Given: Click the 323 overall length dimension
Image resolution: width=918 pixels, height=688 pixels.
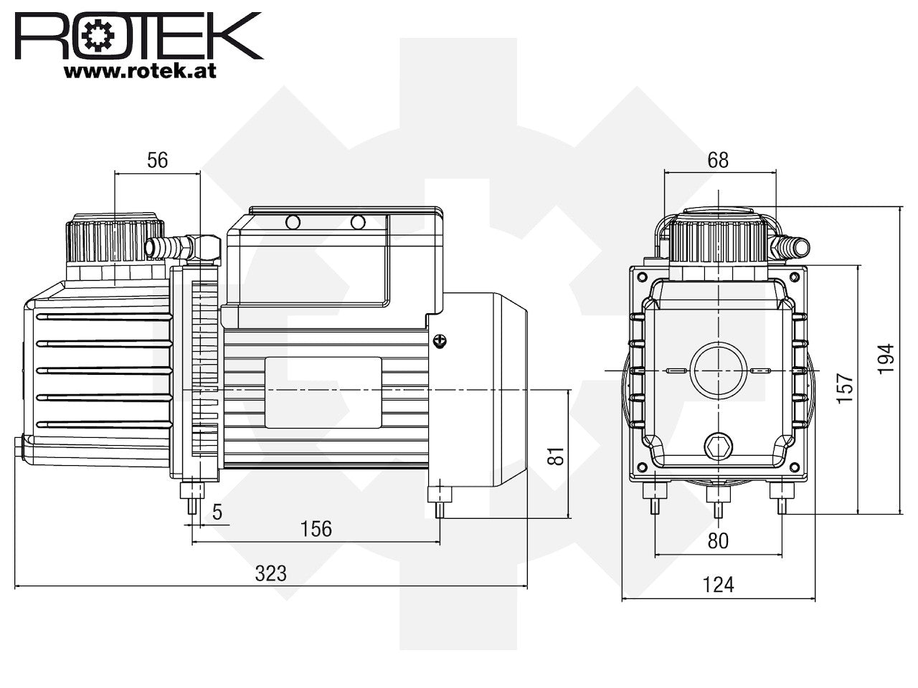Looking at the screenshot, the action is pyautogui.click(x=270, y=573).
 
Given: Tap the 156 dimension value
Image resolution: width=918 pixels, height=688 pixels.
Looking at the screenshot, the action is pyautogui.click(x=316, y=529).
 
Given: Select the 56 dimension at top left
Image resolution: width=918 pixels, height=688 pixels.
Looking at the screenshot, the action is pyautogui.click(x=157, y=160).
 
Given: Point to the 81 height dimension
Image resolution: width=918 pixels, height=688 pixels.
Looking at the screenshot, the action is pyautogui.click(x=557, y=457).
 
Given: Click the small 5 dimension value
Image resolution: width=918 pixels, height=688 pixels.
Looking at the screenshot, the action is pyautogui.click(x=217, y=512).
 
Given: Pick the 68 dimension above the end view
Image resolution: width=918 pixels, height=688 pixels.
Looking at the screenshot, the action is pyautogui.click(x=718, y=160).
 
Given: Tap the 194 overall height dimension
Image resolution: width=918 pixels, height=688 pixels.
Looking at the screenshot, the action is pyautogui.click(x=886, y=359).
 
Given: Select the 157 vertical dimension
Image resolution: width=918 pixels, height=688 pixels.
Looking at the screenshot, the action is pyautogui.click(x=846, y=388).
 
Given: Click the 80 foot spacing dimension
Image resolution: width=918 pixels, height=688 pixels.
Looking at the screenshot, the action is pyautogui.click(x=718, y=541).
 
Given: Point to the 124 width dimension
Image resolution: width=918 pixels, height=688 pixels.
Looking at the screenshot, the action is pyautogui.click(x=718, y=585).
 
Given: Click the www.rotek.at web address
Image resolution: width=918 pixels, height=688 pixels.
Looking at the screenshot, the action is pyautogui.click(x=140, y=71).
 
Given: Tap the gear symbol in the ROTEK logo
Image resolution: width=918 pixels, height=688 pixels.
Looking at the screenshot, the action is pyautogui.click(x=98, y=36).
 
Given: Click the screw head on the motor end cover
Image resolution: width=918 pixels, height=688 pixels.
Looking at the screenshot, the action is pyautogui.click(x=440, y=341).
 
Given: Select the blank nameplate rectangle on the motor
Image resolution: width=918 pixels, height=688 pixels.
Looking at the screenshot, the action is pyautogui.click(x=323, y=392).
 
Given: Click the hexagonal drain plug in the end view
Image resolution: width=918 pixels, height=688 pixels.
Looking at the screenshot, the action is pyautogui.click(x=718, y=447).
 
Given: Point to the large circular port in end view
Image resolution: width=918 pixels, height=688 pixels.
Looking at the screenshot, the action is pyautogui.click(x=719, y=371).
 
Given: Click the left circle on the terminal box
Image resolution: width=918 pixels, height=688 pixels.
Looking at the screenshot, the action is pyautogui.click(x=293, y=222).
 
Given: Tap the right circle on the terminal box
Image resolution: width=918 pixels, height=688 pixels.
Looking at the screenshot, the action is pyautogui.click(x=358, y=222).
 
